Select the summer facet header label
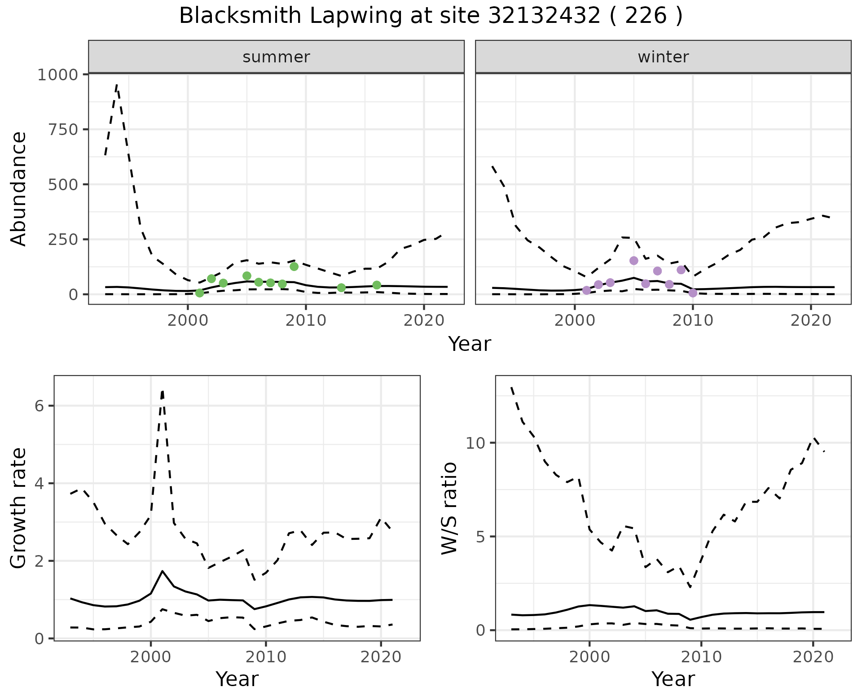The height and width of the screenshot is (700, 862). [276, 57]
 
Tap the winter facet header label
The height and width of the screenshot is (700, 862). [663, 57]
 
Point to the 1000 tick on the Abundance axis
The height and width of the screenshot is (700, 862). [57, 74]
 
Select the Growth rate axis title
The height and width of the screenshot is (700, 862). [19, 508]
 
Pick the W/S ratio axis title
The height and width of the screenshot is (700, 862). [449, 508]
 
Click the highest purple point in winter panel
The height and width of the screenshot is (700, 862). [634, 261]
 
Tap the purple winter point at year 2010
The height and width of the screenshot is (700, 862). [693, 293]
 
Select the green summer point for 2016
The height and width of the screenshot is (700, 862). [377, 285]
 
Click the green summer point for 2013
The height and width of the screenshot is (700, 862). [341, 288]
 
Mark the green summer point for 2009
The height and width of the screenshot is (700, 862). [294, 267]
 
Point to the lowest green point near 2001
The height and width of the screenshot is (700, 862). [200, 293]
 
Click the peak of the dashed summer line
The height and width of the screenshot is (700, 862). [117, 84]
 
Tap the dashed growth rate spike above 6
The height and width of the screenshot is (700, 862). [163, 391]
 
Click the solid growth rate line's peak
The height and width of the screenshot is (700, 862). [163, 571]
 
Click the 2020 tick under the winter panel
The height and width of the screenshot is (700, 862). [810, 321]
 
